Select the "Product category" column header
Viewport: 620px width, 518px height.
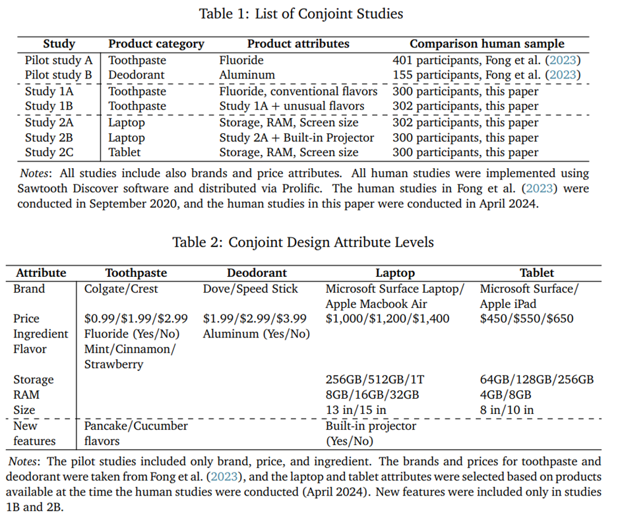click(x=156, y=44)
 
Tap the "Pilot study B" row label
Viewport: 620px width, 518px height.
click(x=59, y=74)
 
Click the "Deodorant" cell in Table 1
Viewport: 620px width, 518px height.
click(x=137, y=74)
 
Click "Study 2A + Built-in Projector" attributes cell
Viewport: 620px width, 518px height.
click(x=296, y=138)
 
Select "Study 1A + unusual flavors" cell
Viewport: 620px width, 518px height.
click(x=292, y=105)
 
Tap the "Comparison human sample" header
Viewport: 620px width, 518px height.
click(x=487, y=44)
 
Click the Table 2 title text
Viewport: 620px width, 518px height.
click(x=303, y=242)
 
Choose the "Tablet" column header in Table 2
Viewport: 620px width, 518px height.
click(x=536, y=272)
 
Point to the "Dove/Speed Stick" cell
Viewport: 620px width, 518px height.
click(x=251, y=289)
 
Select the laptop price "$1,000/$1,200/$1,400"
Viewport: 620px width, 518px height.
click(x=387, y=319)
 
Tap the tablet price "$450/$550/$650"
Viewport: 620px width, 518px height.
click(x=526, y=319)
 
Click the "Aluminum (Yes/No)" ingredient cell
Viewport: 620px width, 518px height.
click(x=256, y=334)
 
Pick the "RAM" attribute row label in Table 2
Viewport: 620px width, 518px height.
click(x=26, y=395)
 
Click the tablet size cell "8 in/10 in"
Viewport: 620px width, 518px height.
click(x=507, y=410)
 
